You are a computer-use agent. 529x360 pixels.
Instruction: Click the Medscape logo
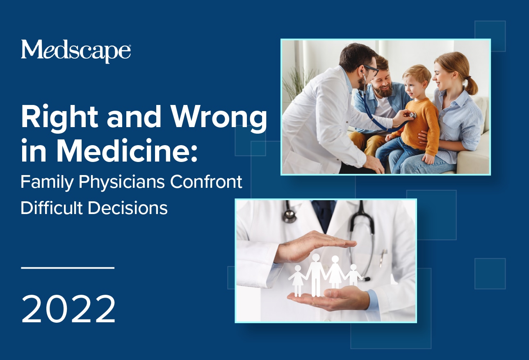76,51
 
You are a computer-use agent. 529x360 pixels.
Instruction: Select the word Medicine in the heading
127,150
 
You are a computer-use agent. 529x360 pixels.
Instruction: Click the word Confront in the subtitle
206,182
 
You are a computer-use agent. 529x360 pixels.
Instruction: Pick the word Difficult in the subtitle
52,208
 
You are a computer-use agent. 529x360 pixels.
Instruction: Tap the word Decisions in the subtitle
128,208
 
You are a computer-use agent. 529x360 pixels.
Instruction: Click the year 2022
68,309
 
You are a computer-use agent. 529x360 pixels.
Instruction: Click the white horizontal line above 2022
68,268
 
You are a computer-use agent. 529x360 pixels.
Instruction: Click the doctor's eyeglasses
371,69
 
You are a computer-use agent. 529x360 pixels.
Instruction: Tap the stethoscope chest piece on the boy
413,115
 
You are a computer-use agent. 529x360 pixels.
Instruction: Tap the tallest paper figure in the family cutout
316,275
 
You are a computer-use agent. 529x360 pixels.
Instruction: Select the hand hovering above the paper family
314,247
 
